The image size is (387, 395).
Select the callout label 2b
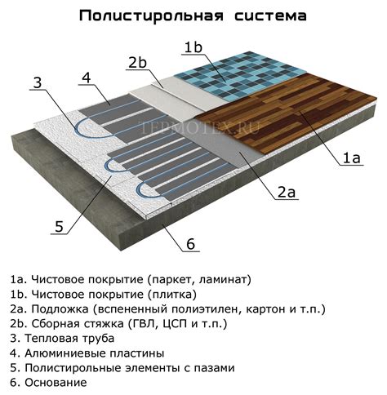pos(138,63)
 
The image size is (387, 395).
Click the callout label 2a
pos(286,193)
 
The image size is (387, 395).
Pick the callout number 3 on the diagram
pos(38,82)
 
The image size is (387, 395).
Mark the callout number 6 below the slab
pos(190,244)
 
